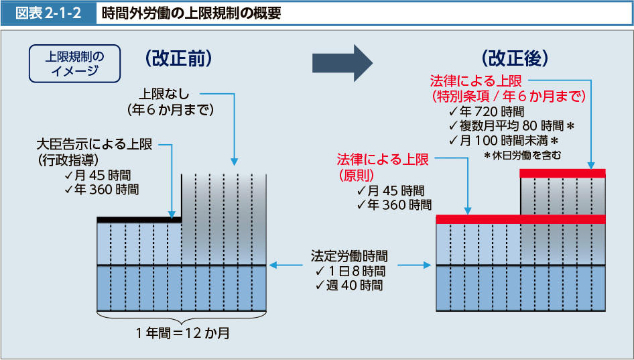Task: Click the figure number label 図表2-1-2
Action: tap(48, 13)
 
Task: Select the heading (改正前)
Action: tap(178, 59)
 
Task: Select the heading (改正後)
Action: tap(514, 59)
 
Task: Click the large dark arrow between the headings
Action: tap(342, 63)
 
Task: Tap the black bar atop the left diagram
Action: tap(139, 219)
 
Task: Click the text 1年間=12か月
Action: tap(182, 333)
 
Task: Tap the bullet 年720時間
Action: tap(487, 111)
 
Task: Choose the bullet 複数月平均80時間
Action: tap(513, 126)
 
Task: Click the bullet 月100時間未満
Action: tap(504, 141)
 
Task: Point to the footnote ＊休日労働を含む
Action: tap(522, 156)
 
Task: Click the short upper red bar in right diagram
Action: tap(562, 174)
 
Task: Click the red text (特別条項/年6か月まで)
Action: tap(509, 96)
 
